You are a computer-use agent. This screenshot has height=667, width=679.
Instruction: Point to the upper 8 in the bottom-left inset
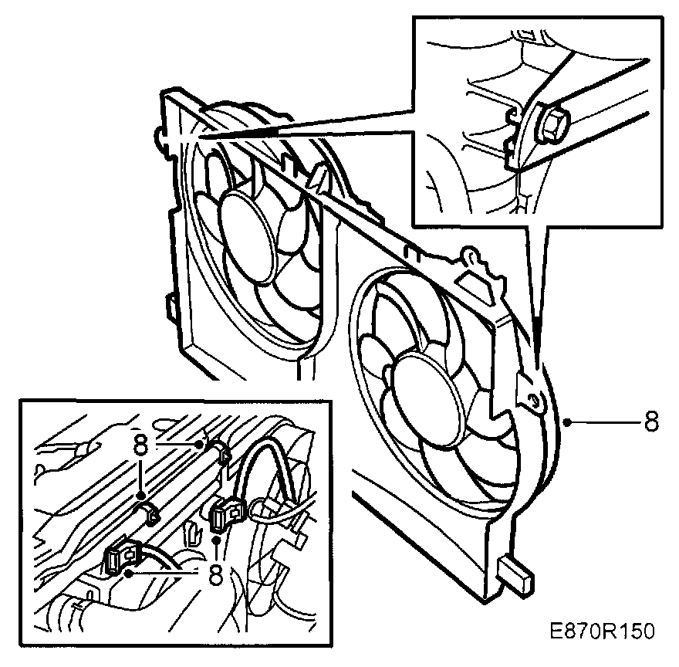[140, 445]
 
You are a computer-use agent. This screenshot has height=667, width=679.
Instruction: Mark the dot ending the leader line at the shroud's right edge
[568, 422]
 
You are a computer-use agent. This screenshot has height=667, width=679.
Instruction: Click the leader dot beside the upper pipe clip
[204, 443]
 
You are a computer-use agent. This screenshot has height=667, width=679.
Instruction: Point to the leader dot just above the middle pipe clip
[141, 495]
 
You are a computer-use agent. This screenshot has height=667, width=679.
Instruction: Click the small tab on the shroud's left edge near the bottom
[169, 303]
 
